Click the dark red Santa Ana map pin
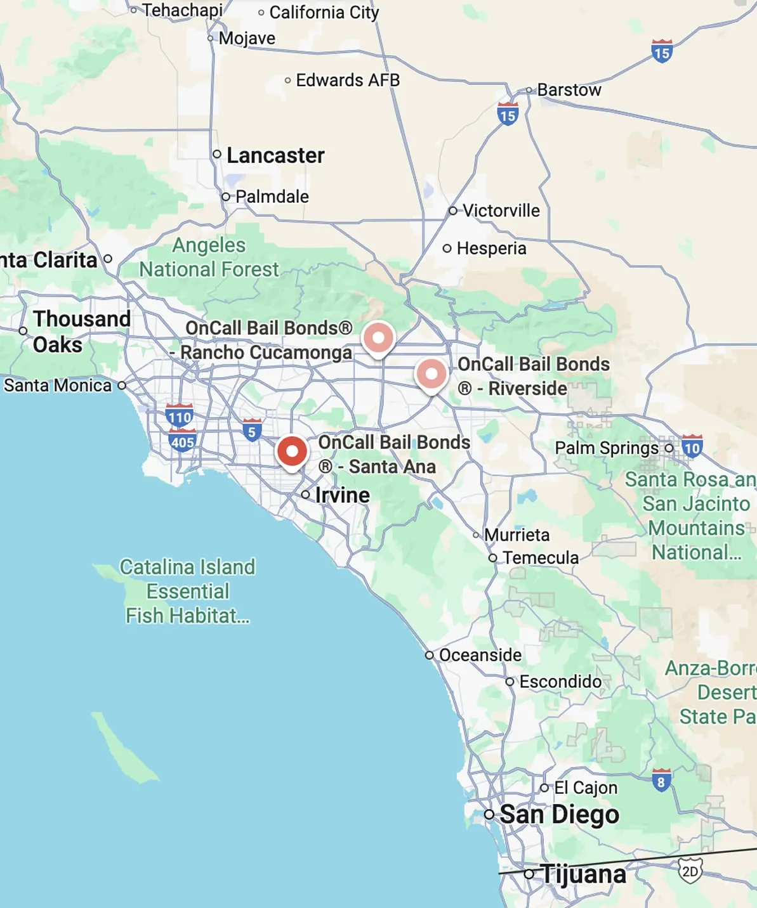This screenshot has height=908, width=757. coord(292,452)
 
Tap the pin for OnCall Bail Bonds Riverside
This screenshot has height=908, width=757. coord(431,374)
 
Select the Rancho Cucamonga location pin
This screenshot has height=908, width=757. coord(378,338)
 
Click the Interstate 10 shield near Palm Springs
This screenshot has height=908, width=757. coord(692,447)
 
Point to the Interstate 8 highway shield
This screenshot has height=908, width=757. coord(661,781)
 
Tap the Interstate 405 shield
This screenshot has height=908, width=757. coord(182,441)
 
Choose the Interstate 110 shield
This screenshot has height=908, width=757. coord(179,416)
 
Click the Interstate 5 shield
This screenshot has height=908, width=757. coord(252,431)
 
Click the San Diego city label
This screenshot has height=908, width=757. coord(559,815)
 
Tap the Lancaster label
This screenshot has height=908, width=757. coord(275,155)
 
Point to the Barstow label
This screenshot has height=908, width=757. coord(569,90)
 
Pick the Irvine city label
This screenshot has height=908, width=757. coord(342,495)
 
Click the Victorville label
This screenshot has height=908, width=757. coord(501,211)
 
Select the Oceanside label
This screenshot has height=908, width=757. coord(480,655)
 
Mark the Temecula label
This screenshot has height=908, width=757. coord(540,558)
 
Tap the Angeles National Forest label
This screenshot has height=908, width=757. coord(209,257)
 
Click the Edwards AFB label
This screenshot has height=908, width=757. coord(348,81)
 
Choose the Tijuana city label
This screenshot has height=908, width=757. coord(583,874)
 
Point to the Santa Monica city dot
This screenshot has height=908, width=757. coord(122,385)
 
